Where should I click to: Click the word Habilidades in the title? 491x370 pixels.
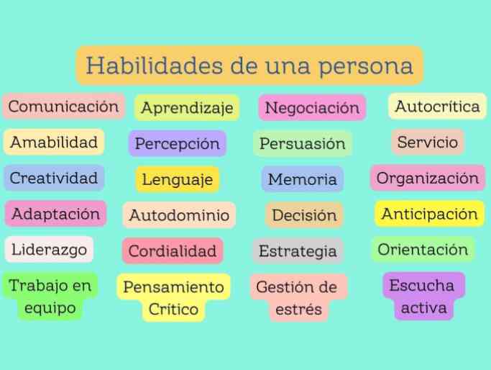pyautogui.click(x=155, y=66)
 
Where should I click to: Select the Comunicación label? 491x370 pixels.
pyautogui.click(x=63, y=107)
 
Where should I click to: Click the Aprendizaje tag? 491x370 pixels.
pyautogui.click(x=187, y=108)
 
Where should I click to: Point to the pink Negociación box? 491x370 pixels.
pyautogui.click(x=312, y=108)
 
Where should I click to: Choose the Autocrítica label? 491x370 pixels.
pyautogui.click(x=438, y=107)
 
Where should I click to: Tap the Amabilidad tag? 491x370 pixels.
pyautogui.click(x=54, y=143)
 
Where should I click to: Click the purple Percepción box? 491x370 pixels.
pyautogui.click(x=178, y=144)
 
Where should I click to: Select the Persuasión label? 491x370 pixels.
pyautogui.click(x=303, y=144)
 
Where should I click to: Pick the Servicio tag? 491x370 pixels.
pyautogui.click(x=428, y=142)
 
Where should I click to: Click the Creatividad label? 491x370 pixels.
pyautogui.click(x=54, y=178)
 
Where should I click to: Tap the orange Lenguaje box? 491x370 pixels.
pyautogui.click(x=178, y=179)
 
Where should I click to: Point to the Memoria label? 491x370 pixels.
pyautogui.click(x=303, y=179)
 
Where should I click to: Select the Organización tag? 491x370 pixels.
pyautogui.click(x=428, y=178)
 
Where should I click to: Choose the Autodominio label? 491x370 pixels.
pyautogui.click(x=179, y=215)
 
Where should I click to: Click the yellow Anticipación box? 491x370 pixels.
pyautogui.click(x=430, y=214)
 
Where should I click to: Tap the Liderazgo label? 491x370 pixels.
pyautogui.click(x=49, y=250)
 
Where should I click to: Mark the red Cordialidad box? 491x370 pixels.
pyautogui.click(x=173, y=251)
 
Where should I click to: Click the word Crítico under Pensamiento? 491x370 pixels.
pyautogui.click(x=173, y=309)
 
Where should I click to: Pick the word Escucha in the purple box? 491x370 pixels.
pyautogui.click(x=422, y=285)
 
